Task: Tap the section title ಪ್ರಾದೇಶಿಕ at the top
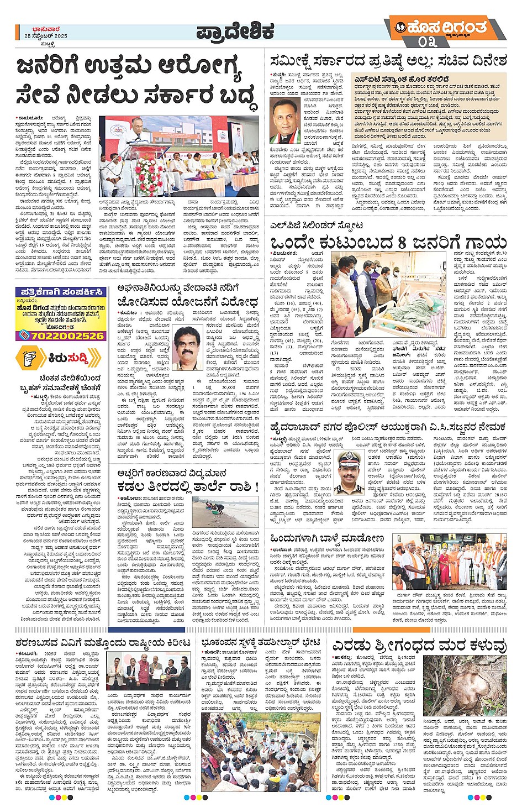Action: [x=235, y=32]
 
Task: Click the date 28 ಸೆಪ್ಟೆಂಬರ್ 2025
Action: [x=46, y=36]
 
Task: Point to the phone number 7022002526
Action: [x=67, y=336]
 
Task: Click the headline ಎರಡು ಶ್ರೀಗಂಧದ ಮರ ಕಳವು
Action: [x=419, y=645]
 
